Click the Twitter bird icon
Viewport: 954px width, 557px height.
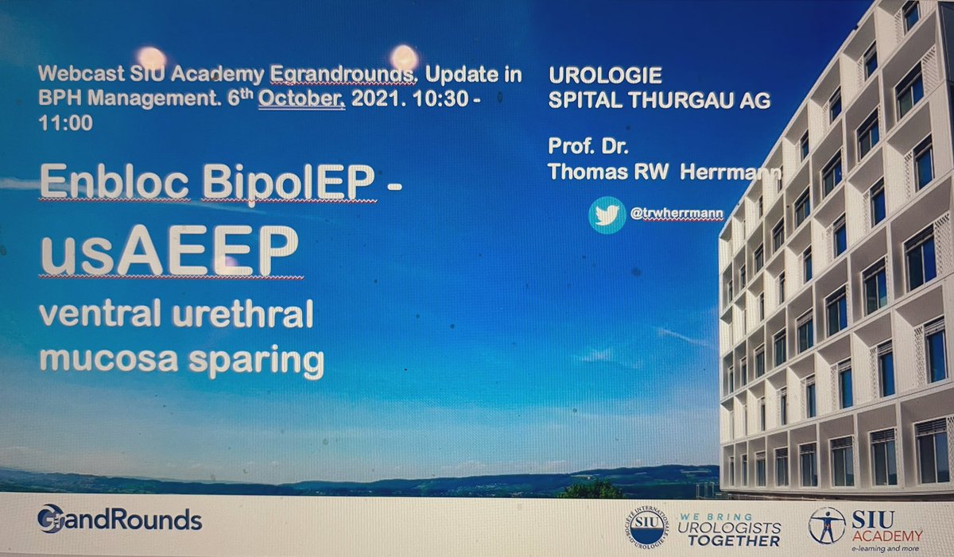[607, 215]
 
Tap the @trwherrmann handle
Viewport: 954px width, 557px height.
[665, 215]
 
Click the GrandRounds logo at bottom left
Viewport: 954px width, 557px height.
[119, 520]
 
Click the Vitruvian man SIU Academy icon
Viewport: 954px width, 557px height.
[827, 525]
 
